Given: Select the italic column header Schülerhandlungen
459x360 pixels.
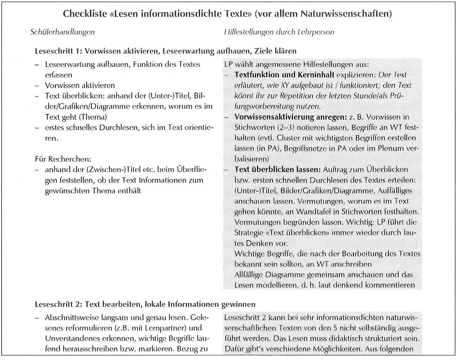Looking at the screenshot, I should (x=62, y=32).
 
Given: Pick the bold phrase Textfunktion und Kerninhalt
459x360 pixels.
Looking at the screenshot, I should (x=284, y=75).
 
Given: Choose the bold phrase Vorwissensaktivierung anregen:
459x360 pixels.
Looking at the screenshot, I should (x=290, y=117).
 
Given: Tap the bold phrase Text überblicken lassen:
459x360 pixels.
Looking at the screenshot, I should (x=277, y=169).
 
